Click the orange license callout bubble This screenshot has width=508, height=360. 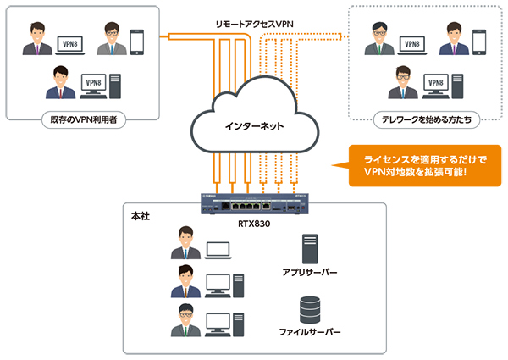click(418, 165)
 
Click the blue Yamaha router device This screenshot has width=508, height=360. click(253, 204)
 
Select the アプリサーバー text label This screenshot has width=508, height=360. click(310, 274)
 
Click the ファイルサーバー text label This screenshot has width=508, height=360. click(310, 333)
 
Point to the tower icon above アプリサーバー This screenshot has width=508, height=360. click(310, 247)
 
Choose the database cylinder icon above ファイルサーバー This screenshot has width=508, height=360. click(310, 307)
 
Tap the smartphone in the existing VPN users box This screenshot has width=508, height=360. click(138, 42)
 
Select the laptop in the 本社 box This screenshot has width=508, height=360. click(218, 250)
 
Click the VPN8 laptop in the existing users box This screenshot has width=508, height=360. click(69, 43)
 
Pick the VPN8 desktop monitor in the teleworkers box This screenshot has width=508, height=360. click(438, 84)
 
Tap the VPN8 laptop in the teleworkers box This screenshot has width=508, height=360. click(411, 43)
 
